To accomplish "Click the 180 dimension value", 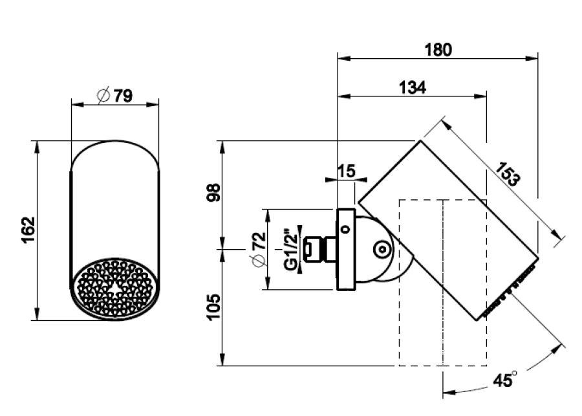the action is [x=438, y=50].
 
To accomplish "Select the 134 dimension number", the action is [x=413, y=87].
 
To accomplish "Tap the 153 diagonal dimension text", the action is [x=508, y=174].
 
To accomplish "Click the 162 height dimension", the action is [x=28, y=230].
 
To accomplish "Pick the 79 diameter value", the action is [x=124, y=96].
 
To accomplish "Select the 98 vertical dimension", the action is [x=213, y=192].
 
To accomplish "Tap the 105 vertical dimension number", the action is [x=213, y=307].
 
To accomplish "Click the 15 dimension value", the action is [x=347, y=171].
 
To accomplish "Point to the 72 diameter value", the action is [x=259, y=241].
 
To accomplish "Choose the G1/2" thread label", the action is [x=290, y=248].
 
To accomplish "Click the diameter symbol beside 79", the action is [x=103, y=96].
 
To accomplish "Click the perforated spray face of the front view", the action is [x=115, y=289].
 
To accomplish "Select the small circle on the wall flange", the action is [x=345, y=229].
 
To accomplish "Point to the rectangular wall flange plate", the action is [x=345, y=249].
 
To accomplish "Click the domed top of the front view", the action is [x=114, y=154].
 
